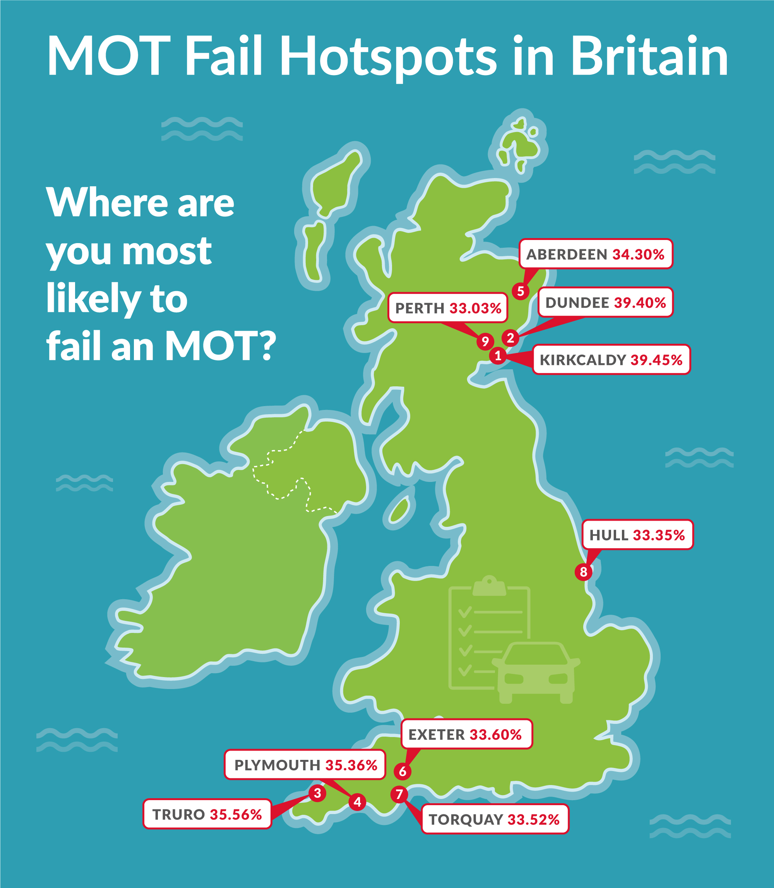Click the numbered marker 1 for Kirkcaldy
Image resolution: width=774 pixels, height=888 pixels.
coord(498,356)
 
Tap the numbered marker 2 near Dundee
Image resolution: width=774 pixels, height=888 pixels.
coord(510,338)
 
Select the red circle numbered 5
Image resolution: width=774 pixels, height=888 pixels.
coord(521,291)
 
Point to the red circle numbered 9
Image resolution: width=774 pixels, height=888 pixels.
coord(485,341)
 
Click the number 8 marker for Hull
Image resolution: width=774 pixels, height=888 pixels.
coord(583,572)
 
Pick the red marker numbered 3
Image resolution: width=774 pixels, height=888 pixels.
coord(317,793)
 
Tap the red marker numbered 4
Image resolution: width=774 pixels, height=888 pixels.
coord(357,802)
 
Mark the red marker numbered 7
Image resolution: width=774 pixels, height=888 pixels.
coord(399,794)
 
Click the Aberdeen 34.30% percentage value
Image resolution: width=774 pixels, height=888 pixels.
coord(638,255)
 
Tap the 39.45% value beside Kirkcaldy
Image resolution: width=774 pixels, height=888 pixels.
coord(656,360)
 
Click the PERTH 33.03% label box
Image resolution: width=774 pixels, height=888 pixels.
coord(447,308)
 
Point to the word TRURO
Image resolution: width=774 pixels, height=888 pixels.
coord(178,814)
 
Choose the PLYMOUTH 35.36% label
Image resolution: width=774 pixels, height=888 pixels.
coord(305,765)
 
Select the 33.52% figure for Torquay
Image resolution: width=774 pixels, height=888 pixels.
coord(533,820)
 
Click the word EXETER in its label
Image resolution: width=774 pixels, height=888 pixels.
coord(436,735)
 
